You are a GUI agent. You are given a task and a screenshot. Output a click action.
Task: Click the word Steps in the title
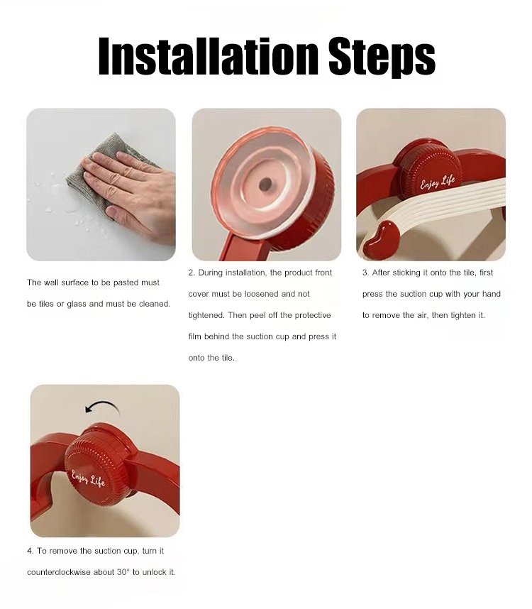click(x=382, y=57)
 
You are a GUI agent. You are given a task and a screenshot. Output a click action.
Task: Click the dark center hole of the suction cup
click(x=265, y=185)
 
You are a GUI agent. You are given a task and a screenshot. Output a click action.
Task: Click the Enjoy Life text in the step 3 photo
click(x=438, y=182)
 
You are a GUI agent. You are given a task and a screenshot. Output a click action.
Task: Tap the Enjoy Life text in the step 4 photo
click(x=88, y=478)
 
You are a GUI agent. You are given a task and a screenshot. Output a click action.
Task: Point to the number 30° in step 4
click(x=123, y=572)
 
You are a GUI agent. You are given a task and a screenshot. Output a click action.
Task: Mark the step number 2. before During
click(x=192, y=273)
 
